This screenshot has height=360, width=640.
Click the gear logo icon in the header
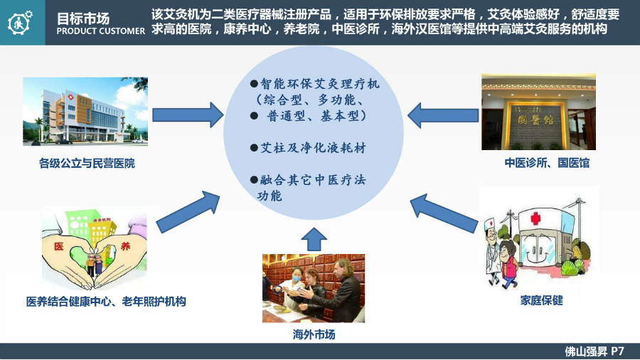[23, 22]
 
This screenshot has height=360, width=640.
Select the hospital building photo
[85, 112]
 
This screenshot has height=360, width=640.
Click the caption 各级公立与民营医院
[87, 164]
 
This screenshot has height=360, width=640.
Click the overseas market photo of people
[314, 288]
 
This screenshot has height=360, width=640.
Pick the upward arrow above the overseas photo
[314, 239]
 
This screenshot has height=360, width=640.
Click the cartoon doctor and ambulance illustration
[538, 238]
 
